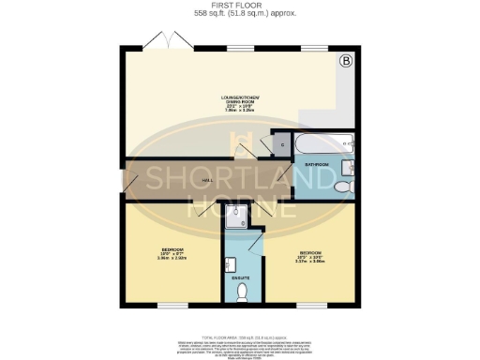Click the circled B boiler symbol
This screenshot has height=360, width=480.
pos(345,62)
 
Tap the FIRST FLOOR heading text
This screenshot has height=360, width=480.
pos(239,5)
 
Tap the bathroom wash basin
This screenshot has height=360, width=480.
pos(346,169)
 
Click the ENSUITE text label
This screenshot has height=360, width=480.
pos(240,277)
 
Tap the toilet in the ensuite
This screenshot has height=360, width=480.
pos(242,292)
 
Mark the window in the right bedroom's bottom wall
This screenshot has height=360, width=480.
pos(312,305)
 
